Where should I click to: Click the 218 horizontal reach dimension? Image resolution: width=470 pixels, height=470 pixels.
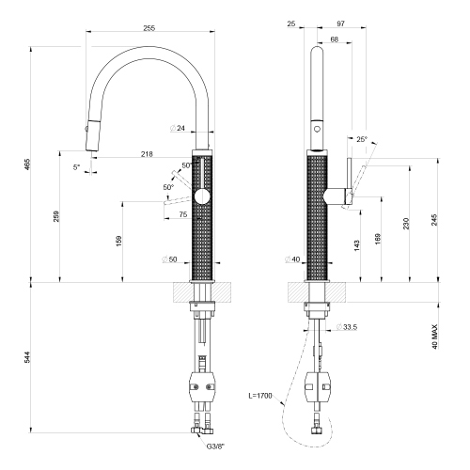[149, 152]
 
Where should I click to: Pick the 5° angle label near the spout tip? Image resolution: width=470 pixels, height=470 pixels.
[76, 168]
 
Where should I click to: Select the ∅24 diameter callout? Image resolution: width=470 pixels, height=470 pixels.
[176, 129]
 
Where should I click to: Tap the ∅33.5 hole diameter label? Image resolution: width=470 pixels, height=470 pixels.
[348, 327]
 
